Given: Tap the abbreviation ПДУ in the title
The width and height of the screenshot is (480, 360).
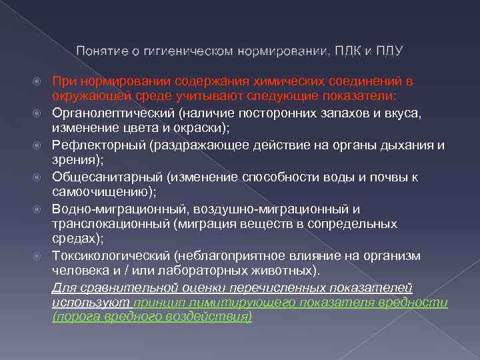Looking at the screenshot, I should point(389,51).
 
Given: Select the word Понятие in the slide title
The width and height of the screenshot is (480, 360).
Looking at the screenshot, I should point(99,51).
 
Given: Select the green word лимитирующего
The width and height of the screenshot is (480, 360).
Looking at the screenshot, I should point(237,303).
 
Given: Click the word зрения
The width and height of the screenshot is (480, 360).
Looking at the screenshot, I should point(73,161).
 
